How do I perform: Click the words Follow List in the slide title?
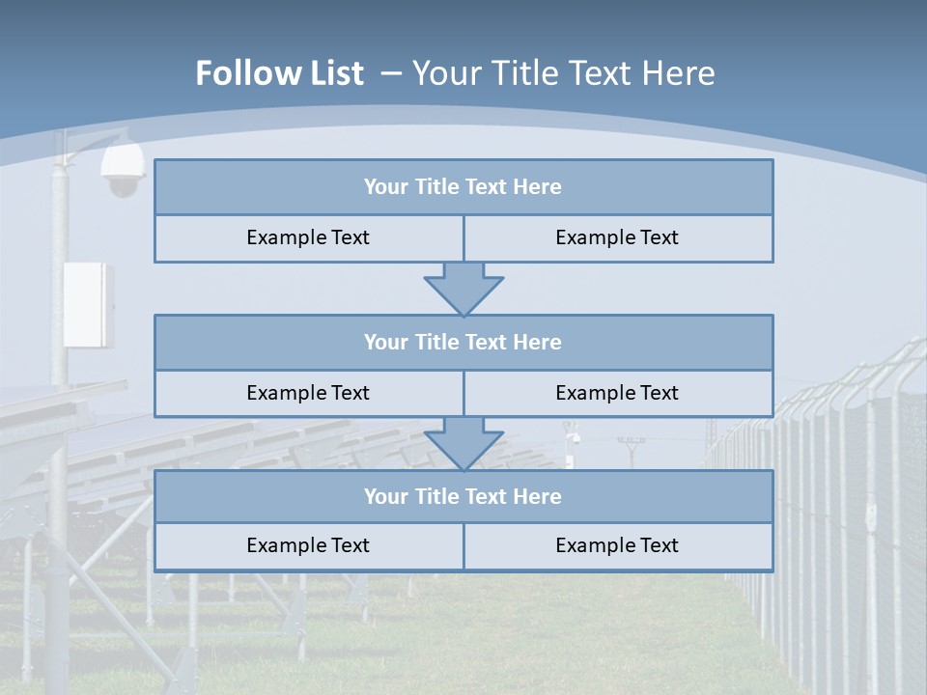click(279, 73)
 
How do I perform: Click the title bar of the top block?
click(463, 187)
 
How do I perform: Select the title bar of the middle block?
click(463, 342)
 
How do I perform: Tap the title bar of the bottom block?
click(463, 496)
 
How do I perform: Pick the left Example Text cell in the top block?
click(308, 237)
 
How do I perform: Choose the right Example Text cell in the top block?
click(617, 237)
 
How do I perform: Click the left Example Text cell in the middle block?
click(308, 393)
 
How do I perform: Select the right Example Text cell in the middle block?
click(617, 393)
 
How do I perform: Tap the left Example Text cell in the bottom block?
click(308, 545)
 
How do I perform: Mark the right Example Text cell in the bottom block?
click(617, 545)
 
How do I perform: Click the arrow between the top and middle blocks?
click(463, 287)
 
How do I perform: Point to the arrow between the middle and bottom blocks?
click(463, 442)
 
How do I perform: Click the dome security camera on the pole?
click(123, 171)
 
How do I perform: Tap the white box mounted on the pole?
click(88, 304)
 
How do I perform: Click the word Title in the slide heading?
click(514, 73)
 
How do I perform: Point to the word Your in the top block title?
click(386, 187)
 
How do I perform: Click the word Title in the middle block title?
click(435, 342)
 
